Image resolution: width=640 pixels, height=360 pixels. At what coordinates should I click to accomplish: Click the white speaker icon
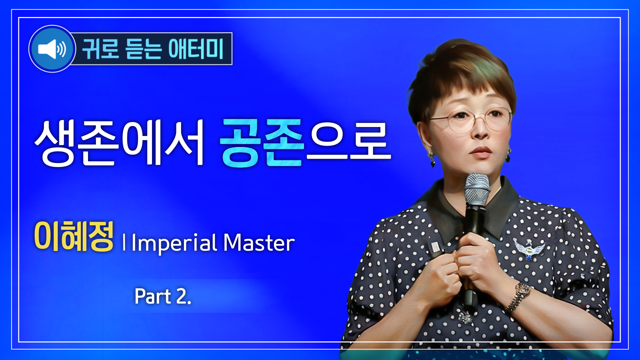[x=52, y=49]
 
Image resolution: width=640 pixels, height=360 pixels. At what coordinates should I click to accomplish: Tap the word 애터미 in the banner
[x=196, y=49]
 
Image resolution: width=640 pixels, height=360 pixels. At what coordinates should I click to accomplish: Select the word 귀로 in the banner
[x=100, y=49]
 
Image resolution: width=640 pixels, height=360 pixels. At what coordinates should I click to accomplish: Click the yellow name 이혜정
[x=74, y=236]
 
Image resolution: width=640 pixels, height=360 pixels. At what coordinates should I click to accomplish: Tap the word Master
[x=259, y=243]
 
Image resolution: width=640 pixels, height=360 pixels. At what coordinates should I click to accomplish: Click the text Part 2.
[x=163, y=296]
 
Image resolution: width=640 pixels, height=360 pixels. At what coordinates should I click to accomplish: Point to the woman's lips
[x=481, y=152]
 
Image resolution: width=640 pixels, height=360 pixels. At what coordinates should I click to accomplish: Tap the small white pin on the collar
[x=435, y=247]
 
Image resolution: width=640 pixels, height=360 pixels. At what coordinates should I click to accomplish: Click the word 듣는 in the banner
[x=143, y=49]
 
